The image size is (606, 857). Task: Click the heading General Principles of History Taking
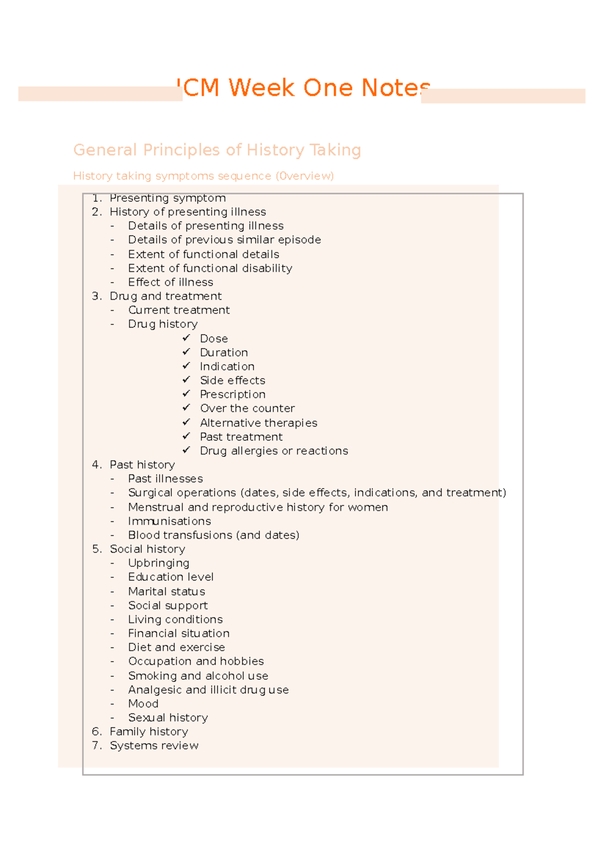pos(217,150)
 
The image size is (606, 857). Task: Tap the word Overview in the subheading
pos(305,176)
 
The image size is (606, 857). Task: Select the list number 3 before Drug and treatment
pos(96,296)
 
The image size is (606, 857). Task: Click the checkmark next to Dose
pos(186,338)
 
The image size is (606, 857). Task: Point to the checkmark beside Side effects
pos(186,380)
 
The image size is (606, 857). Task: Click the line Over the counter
pos(247,408)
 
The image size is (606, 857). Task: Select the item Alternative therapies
pos(258,423)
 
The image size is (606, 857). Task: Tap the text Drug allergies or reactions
pos(274,451)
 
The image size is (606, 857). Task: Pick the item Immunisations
pos(169,521)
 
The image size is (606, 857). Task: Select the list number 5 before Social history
pos(96,549)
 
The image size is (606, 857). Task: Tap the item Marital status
pos(166,592)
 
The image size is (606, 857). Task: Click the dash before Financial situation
pos(112,633)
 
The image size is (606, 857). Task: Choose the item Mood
pos(143,704)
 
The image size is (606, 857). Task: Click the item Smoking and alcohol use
pos(198,676)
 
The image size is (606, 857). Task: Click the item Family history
pos(148,732)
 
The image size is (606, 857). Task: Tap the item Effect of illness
pos(170,282)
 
